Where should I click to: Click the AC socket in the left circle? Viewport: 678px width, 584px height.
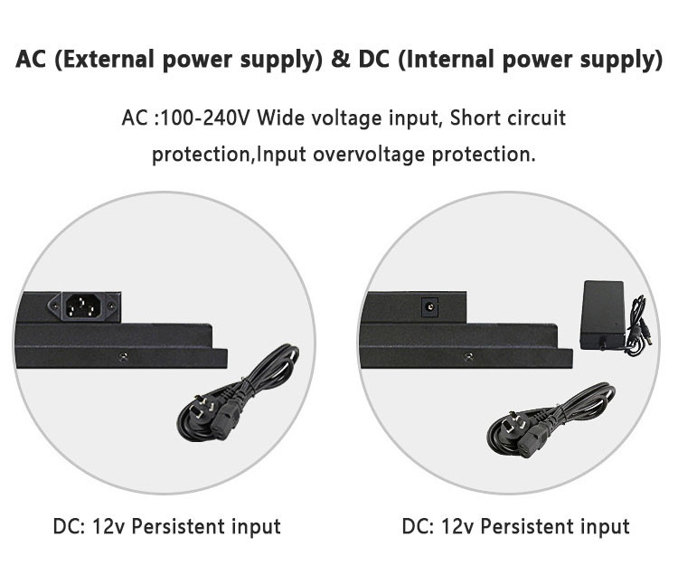pos(89,306)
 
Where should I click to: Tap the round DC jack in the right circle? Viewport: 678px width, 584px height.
pos(427,307)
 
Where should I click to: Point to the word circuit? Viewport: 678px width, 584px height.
pos(534,118)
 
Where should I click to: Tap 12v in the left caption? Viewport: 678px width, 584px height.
pos(108,526)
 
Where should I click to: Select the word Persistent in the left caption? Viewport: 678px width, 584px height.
pos(181,526)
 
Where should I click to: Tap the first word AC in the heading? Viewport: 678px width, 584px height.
pos(31,61)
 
